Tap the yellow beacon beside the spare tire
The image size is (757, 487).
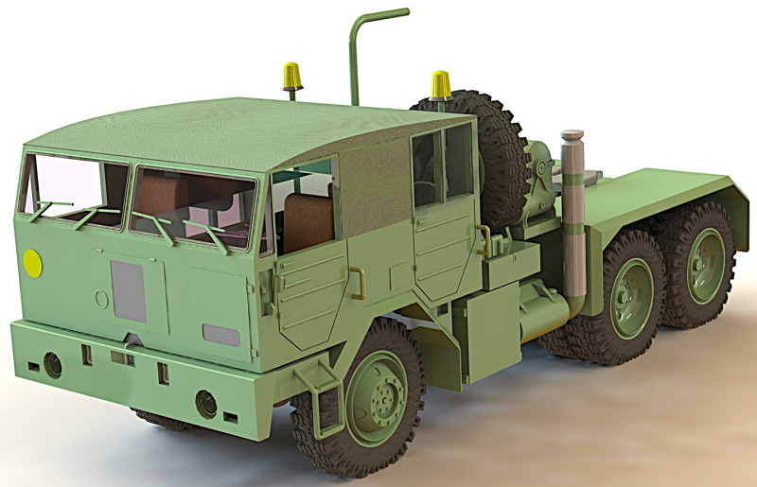click(441, 84)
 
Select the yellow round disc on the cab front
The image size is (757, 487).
click(32, 262)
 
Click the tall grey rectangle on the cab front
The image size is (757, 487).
click(129, 290)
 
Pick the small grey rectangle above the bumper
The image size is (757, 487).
click(221, 335)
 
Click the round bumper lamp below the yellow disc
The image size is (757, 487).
click(53, 364)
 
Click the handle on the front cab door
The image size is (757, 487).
click(358, 282)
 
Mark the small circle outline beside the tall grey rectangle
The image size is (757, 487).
click(101, 299)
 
